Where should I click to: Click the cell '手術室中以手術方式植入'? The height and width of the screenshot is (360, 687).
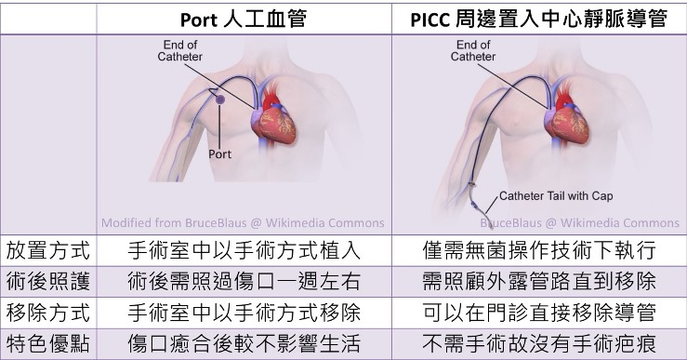pos(243,251)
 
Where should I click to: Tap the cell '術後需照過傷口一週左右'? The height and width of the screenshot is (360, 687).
pos(243,282)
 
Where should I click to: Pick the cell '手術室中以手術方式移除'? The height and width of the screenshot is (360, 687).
pos(243,313)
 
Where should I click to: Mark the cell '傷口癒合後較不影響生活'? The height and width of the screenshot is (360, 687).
pos(243,343)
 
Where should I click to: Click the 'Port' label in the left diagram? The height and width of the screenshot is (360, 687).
pos(220,154)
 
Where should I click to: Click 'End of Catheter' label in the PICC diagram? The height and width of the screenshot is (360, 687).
pos(473,51)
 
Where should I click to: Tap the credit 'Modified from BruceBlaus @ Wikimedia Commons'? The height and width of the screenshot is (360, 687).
pos(243,222)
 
